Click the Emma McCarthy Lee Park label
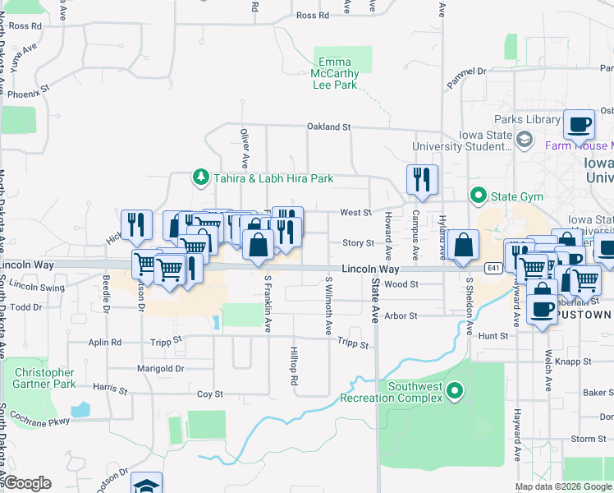point(334,73)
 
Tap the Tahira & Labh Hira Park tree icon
point(199,177)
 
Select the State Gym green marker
point(478,196)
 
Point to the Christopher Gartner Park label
point(44,378)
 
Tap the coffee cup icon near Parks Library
point(580,124)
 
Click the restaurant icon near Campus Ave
point(422,179)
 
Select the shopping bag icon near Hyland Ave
point(464,244)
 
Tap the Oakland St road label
point(328,127)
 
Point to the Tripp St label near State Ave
point(353,346)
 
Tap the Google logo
point(26,483)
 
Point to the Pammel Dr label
point(467,72)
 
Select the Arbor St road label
point(401,316)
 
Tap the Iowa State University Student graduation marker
point(524,141)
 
